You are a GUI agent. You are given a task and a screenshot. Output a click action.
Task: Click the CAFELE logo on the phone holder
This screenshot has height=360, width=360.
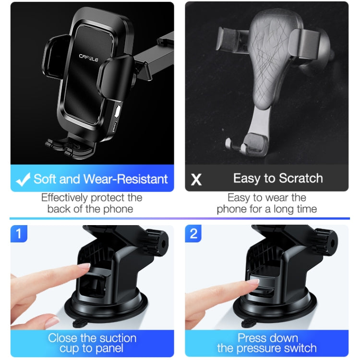pyautogui.click(x=89, y=58)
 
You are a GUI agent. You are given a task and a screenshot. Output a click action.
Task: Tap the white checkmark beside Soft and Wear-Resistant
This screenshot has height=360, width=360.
pyautogui.click(x=23, y=180)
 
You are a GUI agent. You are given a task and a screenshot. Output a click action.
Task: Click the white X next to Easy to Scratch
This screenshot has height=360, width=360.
pyautogui.click(x=196, y=180)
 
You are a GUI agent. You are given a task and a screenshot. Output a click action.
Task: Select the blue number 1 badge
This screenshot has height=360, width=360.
pyautogui.click(x=19, y=233)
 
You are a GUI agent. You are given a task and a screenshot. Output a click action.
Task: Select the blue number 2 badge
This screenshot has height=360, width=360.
pyautogui.click(x=193, y=233)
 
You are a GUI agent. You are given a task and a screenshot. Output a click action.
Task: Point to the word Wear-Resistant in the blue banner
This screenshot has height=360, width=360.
pyautogui.click(x=125, y=179)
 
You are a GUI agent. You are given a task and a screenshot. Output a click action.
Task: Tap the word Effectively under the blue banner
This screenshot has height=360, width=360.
pyautogui.click(x=64, y=198)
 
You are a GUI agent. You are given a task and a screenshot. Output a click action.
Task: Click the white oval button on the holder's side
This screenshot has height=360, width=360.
pyautogui.click(x=118, y=111)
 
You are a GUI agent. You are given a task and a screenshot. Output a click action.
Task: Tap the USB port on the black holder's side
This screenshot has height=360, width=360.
pyautogui.click(x=114, y=127)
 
